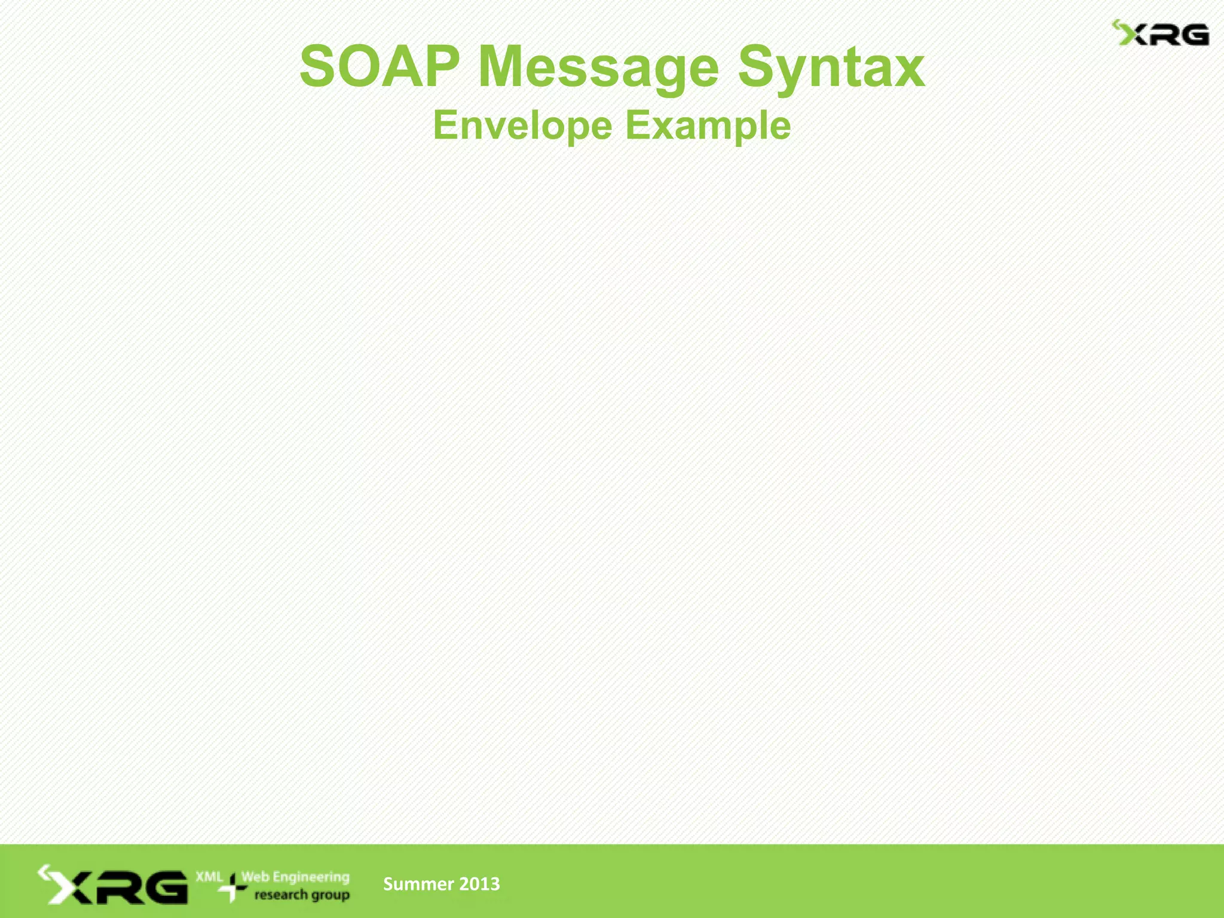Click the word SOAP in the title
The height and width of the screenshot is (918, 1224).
(x=380, y=67)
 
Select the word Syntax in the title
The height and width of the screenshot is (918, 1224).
(x=831, y=68)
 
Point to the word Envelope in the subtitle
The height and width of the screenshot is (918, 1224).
(x=522, y=126)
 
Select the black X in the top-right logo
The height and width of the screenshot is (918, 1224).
(x=1136, y=36)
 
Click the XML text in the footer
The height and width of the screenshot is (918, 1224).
(x=209, y=877)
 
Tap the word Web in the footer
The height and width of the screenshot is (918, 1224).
(x=255, y=877)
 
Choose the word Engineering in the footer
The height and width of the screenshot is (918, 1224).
(x=311, y=877)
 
